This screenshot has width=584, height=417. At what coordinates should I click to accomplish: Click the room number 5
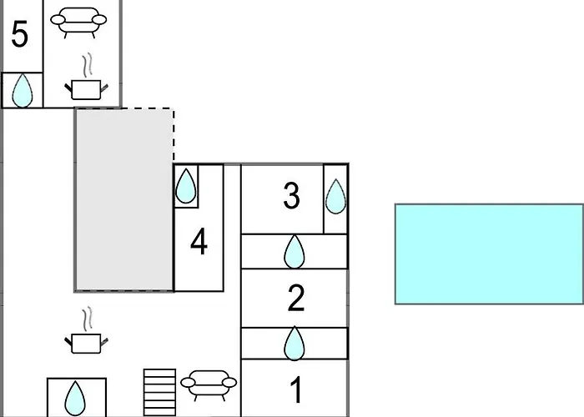pyautogui.click(x=20, y=35)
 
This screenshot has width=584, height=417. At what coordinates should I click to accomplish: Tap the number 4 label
pyautogui.click(x=199, y=243)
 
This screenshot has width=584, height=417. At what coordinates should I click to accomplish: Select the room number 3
pyautogui.click(x=291, y=197)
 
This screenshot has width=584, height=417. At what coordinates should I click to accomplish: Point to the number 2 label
pyautogui.click(x=295, y=298)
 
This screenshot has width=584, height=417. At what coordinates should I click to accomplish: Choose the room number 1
pyautogui.click(x=295, y=390)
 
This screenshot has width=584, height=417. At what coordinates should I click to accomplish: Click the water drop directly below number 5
pyautogui.click(x=23, y=90)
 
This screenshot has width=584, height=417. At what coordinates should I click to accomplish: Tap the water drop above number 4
pyautogui.click(x=187, y=186)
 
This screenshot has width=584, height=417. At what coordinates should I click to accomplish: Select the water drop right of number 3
pyautogui.click(x=335, y=197)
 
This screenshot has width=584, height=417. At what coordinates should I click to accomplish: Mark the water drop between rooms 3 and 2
pyautogui.click(x=295, y=251)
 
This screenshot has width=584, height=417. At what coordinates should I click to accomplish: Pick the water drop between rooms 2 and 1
pyautogui.click(x=295, y=343)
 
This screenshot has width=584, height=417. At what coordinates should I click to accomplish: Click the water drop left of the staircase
pyautogui.click(x=76, y=398)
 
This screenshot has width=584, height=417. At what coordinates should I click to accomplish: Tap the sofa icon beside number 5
pyautogui.click(x=78, y=22)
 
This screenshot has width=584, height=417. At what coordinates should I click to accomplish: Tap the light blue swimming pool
pyautogui.click(x=488, y=254)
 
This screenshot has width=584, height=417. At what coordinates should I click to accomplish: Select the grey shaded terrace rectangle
pyautogui.click(x=124, y=200)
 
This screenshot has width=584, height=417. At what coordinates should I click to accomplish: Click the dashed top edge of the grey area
pyautogui.click(x=125, y=108)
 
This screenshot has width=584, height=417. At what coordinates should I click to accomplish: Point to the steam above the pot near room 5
pyautogui.click(x=86, y=65)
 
